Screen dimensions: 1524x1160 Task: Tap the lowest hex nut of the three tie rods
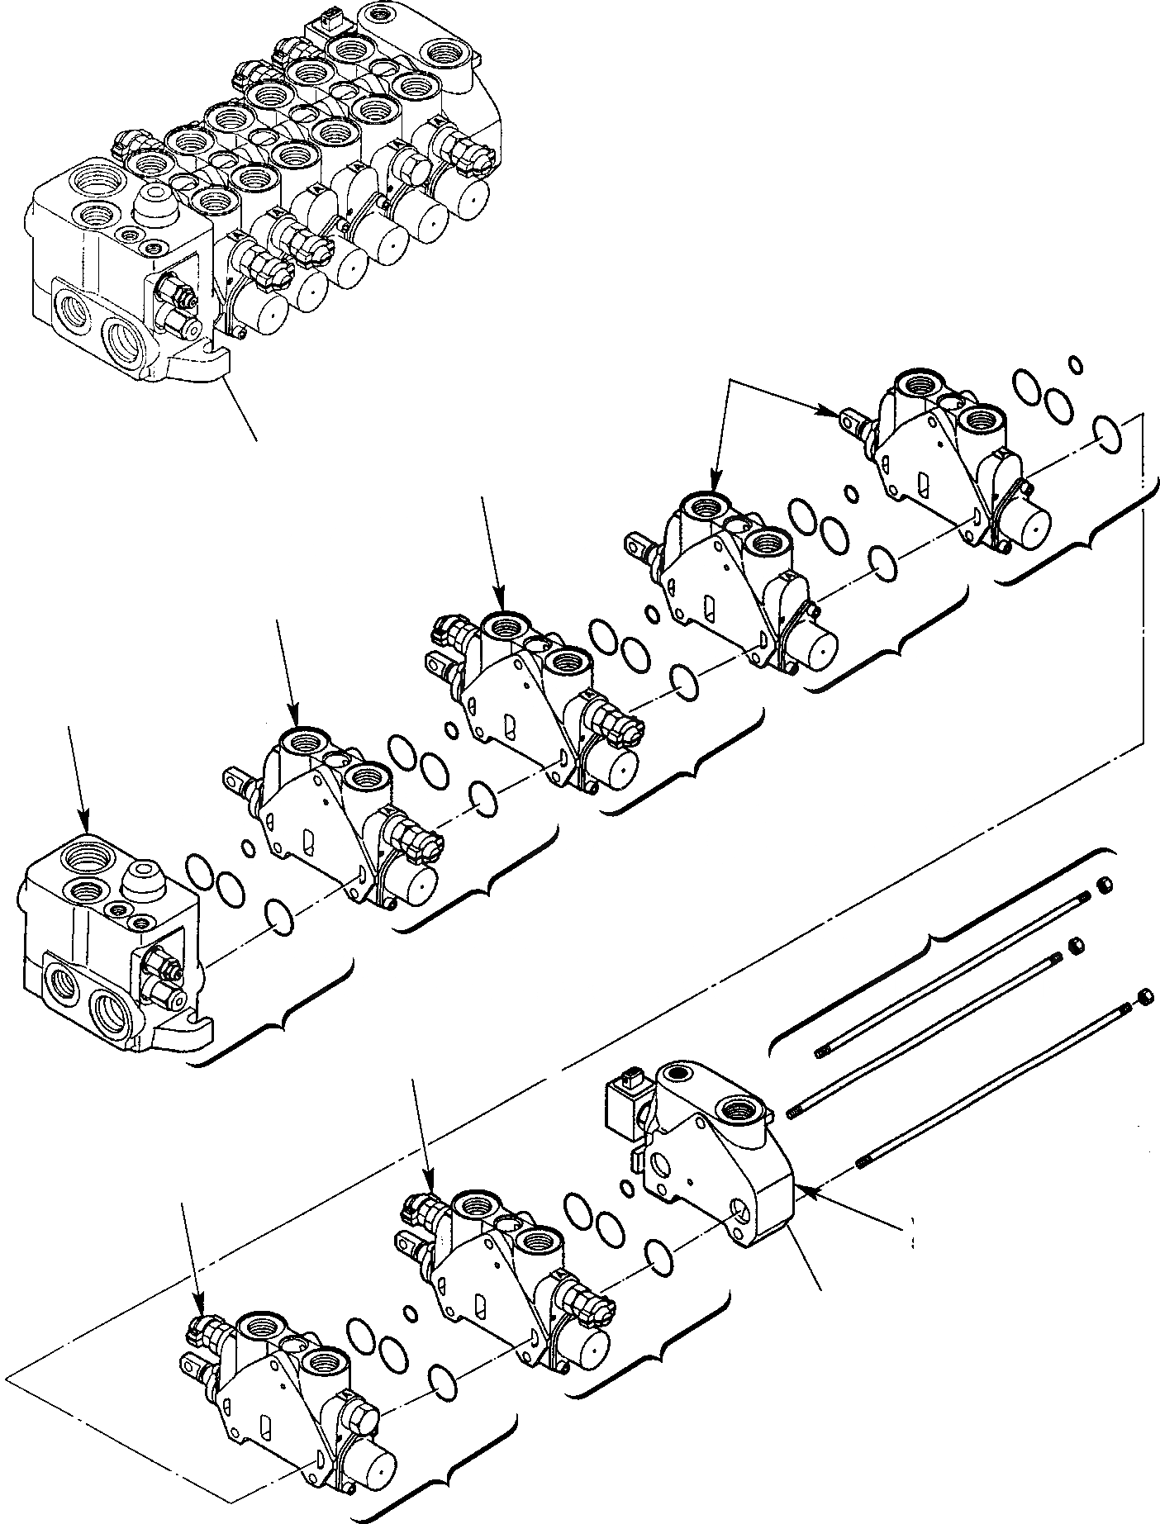coord(1144,997)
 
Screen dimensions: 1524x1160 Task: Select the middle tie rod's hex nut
coord(1077,945)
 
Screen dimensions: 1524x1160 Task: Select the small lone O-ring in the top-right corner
coord(1075,363)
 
